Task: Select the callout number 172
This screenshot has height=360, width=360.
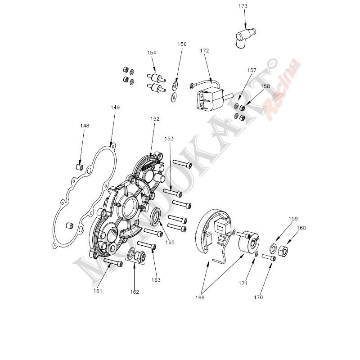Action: pyautogui.click(x=204, y=51)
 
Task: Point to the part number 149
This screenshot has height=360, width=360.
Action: pyautogui.click(x=115, y=108)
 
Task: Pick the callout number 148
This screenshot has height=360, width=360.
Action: pyautogui.click(x=85, y=126)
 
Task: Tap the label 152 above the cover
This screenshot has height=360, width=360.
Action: pyautogui.click(x=155, y=119)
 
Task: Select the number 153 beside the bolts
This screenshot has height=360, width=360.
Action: pyautogui.click(x=169, y=139)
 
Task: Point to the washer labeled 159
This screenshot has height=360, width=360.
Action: pyautogui.click(x=274, y=248)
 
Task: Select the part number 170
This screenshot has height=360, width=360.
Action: pyautogui.click(x=258, y=297)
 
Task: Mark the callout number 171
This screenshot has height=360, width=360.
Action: pyautogui.click(x=243, y=283)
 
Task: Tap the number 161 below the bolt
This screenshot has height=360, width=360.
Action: pyautogui.click(x=98, y=291)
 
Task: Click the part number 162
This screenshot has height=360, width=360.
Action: pyautogui.click(x=134, y=292)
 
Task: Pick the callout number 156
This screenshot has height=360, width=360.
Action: pyautogui.click(x=182, y=44)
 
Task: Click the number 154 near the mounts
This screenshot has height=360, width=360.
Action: pyautogui.click(x=151, y=53)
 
